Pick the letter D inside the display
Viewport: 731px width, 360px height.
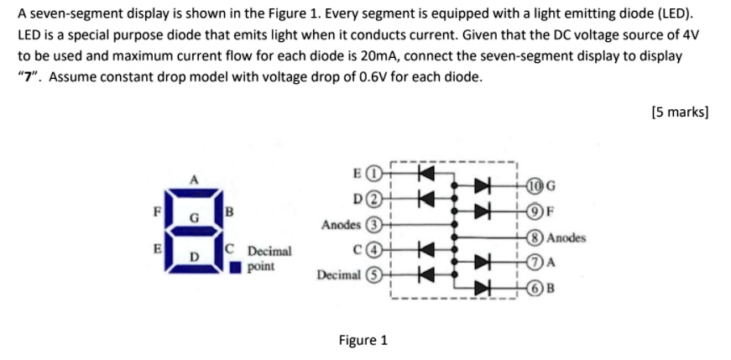(194, 256)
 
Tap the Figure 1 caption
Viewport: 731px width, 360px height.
(363, 340)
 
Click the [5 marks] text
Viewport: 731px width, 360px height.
(679, 112)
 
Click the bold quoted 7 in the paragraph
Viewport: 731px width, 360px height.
(30, 77)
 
